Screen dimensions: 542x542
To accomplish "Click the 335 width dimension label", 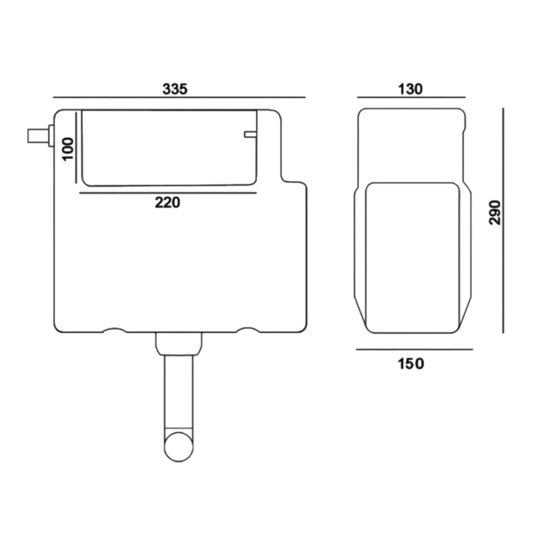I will (175, 89).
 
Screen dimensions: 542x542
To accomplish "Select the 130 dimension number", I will (410, 89).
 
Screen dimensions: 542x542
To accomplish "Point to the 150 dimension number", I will (410, 364).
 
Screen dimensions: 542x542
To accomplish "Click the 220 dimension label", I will (167, 203).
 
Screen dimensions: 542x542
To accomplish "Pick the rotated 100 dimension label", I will (68, 149).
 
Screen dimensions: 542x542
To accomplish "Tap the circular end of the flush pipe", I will (179, 446).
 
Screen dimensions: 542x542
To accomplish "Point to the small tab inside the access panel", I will (249, 134).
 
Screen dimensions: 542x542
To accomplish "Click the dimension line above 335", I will (179, 98).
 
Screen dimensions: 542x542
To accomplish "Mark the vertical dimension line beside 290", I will (504, 220).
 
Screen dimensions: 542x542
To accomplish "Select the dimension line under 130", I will (410, 98).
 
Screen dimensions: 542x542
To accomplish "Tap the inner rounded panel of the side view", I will (412, 257).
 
